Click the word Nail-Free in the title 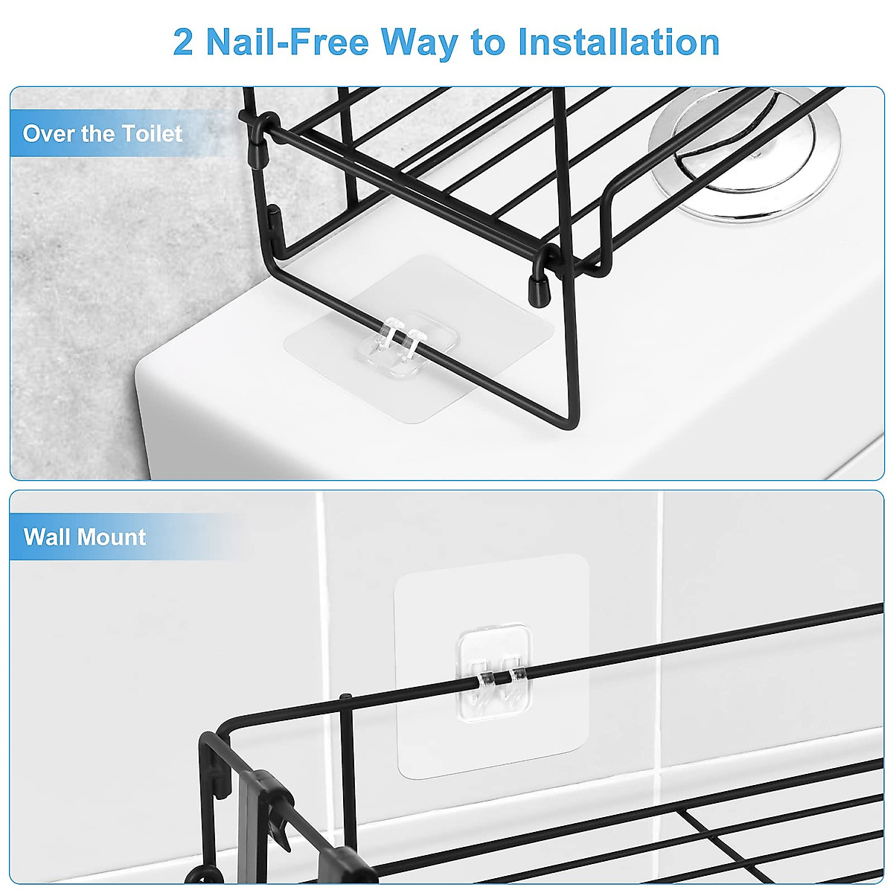pos(287,42)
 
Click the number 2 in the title pos(183,42)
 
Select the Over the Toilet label pos(103,134)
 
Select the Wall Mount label pos(85,537)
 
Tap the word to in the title pos(487,42)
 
